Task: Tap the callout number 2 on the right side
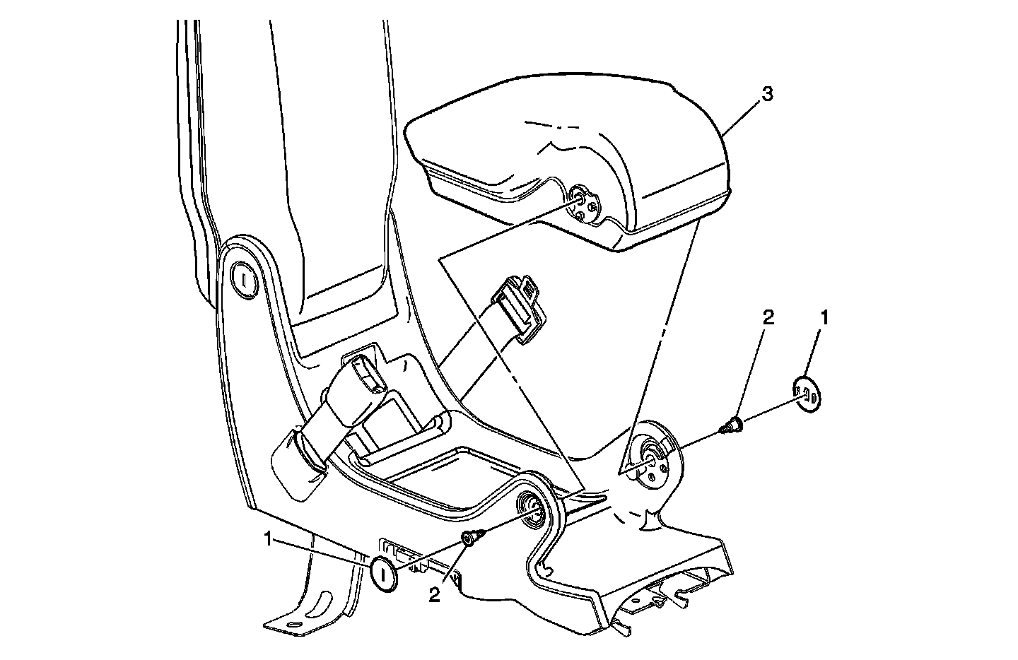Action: click(x=768, y=317)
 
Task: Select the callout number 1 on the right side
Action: click(x=823, y=317)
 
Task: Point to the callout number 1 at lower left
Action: click(x=269, y=540)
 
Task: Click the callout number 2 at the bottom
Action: click(x=434, y=595)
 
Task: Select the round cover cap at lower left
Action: click(x=385, y=572)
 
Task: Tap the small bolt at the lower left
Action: click(x=472, y=538)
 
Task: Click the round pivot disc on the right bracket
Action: click(x=653, y=460)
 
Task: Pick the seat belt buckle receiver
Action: click(x=362, y=378)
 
